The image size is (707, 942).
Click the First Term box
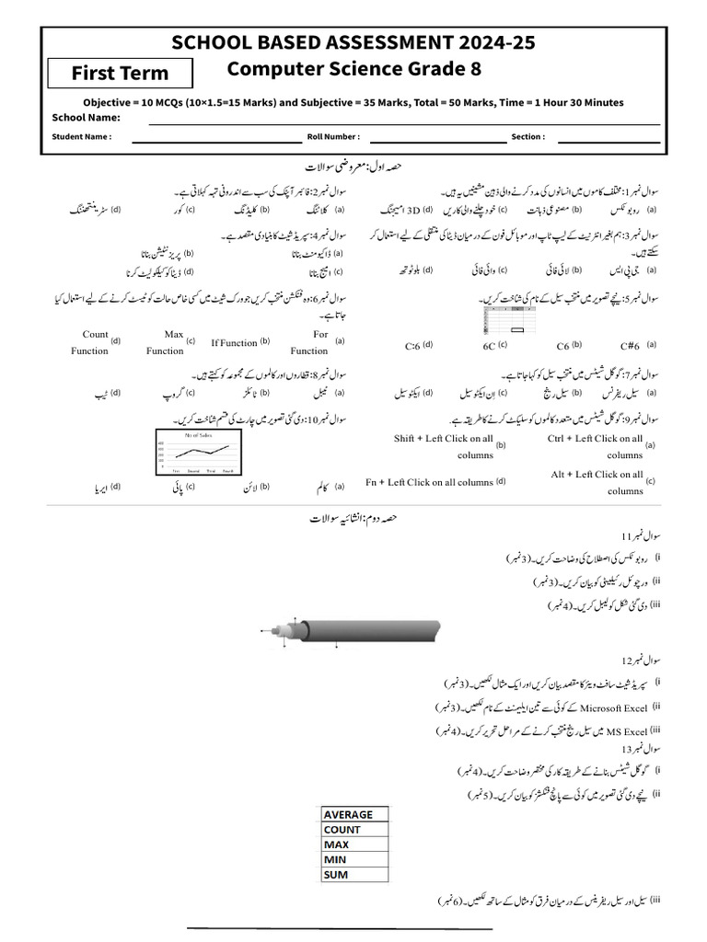coord(121,73)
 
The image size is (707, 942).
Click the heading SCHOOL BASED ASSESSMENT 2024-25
coord(353,43)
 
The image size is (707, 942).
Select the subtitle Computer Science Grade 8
coord(353,69)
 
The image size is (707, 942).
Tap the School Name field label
coord(86,118)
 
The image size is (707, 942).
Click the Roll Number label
coord(333,137)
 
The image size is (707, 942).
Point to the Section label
coord(528,137)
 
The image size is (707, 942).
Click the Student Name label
coord(82,137)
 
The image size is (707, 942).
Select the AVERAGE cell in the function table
coord(349,814)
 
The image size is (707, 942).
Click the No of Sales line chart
coord(197,452)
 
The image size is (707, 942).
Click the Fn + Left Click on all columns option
coord(429,482)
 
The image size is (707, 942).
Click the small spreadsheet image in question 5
coord(504,320)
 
